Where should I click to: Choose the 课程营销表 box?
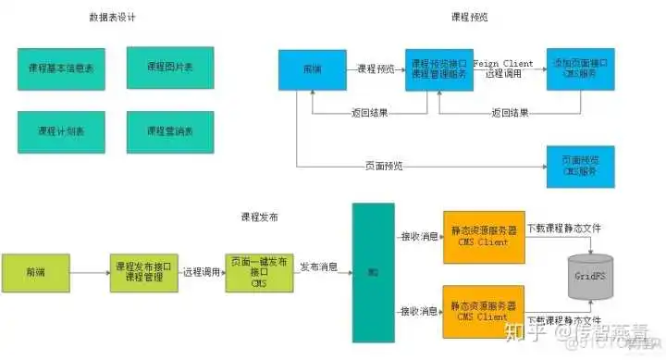point(169,131)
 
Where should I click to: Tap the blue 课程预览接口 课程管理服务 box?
point(438,69)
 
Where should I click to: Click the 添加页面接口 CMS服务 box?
point(580,69)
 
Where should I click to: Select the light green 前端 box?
point(35,272)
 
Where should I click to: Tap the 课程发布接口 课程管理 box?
point(143,272)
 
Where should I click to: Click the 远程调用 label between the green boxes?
point(201,272)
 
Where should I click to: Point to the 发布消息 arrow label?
point(318,267)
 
